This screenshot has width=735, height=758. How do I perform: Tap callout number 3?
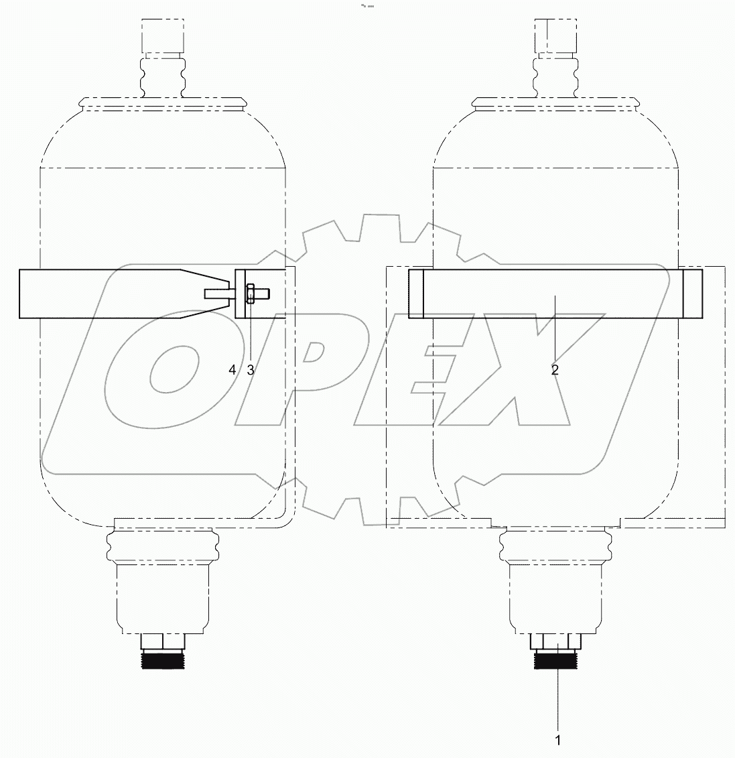pyautogui.click(x=251, y=369)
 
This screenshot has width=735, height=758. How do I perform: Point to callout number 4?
pyautogui.click(x=232, y=369)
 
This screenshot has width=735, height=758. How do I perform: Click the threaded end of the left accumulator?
pyautogui.click(x=163, y=661)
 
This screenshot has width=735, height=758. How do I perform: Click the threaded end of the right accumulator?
pyautogui.click(x=555, y=661)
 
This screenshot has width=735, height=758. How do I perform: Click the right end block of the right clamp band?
pyautogui.click(x=692, y=293)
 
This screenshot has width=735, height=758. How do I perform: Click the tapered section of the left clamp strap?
pyautogui.click(x=205, y=293)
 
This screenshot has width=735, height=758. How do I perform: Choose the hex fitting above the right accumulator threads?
pyautogui.click(x=555, y=641)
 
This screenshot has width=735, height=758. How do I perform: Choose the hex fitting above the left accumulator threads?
pyautogui.click(x=163, y=641)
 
